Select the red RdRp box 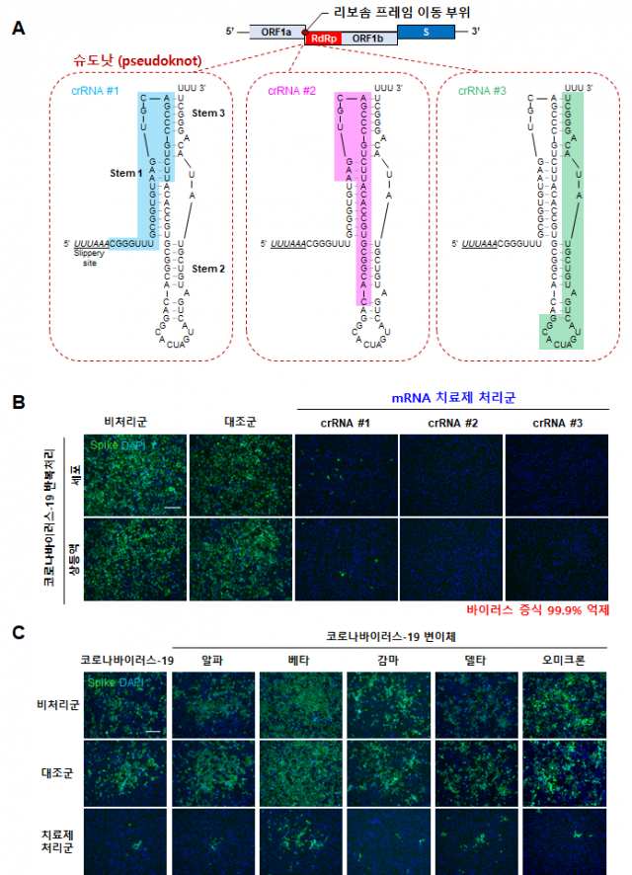tap(325, 39)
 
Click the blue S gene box tap(427, 32)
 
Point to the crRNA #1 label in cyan tap(94, 91)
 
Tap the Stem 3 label tap(208, 114)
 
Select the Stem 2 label tap(208, 268)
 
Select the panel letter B tap(18, 403)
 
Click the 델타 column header tap(476, 659)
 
